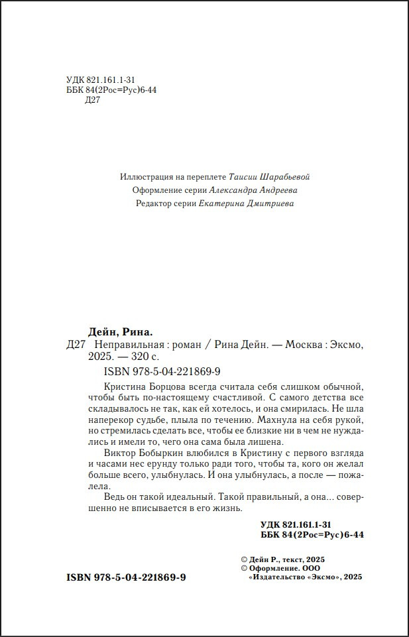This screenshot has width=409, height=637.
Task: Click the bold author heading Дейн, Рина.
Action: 120,331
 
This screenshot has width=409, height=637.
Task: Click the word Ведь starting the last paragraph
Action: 116,498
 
